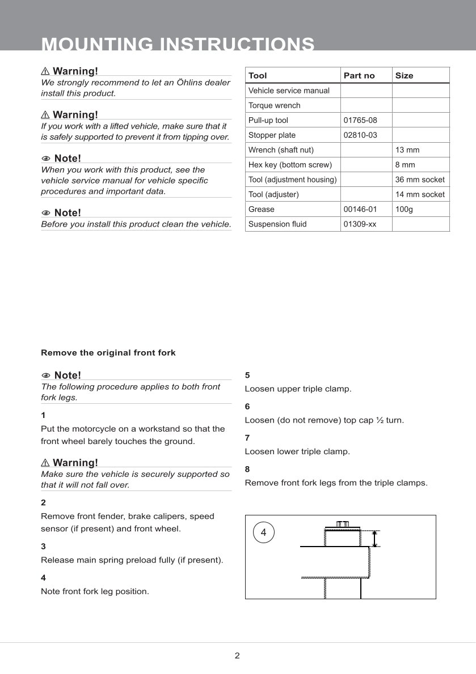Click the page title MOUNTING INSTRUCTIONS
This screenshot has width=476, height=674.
point(178,44)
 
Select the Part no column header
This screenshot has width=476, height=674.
point(359,75)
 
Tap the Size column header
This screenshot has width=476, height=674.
point(405,75)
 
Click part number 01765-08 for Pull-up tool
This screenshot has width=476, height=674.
point(360,120)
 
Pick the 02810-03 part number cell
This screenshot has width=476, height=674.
point(360,135)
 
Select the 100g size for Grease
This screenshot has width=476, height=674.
point(404,209)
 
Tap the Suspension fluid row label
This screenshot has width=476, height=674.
point(277,224)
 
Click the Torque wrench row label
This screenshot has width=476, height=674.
point(275,105)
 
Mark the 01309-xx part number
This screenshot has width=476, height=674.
point(360,224)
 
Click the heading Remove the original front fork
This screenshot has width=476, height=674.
point(108,352)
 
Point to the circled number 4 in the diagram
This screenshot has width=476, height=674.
point(263,532)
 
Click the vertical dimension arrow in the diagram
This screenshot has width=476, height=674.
point(374,539)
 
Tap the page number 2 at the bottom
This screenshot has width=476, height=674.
point(237,656)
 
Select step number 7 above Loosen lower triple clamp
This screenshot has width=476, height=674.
point(247,438)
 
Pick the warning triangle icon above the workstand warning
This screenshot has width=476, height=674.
point(45,463)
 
